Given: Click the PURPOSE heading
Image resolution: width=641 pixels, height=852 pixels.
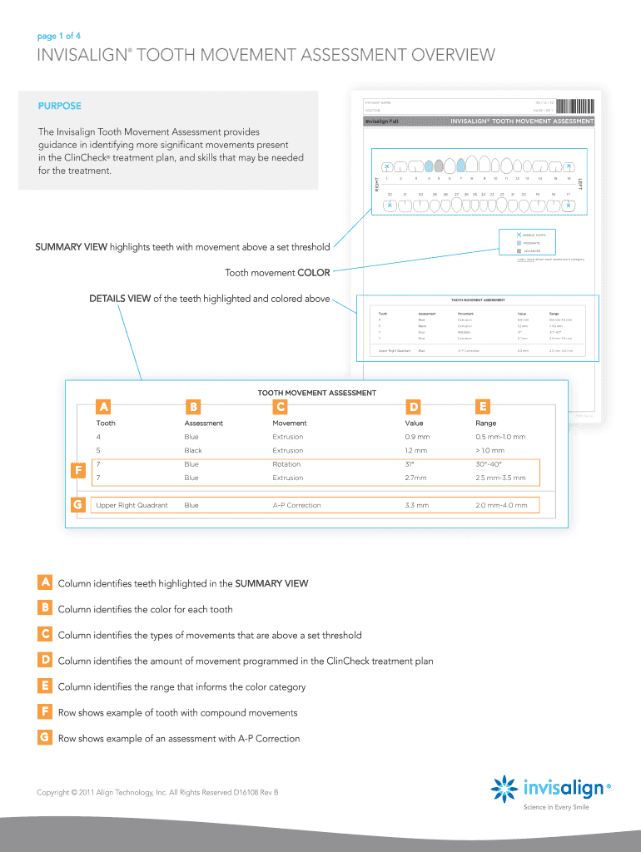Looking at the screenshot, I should pyautogui.click(x=59, y=106).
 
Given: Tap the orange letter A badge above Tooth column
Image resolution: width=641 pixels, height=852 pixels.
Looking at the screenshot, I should pyautogui.click(x=104, y=407).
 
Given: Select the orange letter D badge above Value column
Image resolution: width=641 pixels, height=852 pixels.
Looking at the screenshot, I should pyautogui.click(x=414, y=407).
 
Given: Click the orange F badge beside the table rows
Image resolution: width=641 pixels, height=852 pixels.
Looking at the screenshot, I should pyautogui.click(x=77, y=471).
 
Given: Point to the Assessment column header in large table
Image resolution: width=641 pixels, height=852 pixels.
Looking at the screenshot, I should pyautogui.click(x=203, y=424).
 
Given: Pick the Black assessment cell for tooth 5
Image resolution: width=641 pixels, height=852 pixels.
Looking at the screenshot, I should pyautogui.click(x=192, y=450).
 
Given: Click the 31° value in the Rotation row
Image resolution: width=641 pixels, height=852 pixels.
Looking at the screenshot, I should pyautogui.click(x=410, y=464).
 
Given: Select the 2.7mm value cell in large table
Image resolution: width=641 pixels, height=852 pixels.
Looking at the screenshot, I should pyautogui.click(x=415, y=478).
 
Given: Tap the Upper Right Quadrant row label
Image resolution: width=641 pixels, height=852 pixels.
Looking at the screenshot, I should pyautogui.click(x=132, y=505).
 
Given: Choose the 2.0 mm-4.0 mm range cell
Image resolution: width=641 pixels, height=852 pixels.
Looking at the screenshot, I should pyautogui.click(x=502, y=505).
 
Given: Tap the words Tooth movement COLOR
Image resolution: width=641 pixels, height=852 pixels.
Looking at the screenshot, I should pyautogui.click(x=277, y=272).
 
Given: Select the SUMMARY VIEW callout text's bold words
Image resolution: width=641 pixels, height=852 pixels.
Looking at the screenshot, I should pyautogui.click(x=71, y=246).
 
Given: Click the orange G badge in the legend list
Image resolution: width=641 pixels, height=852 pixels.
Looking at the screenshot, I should pyautogui.click(x=45, y=738).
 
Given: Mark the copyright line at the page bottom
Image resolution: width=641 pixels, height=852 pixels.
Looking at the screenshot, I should pyautogui.click(x=157, y=792).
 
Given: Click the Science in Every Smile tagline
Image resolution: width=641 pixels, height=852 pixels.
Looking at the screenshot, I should pyautogui.click(x=554, y=807).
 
